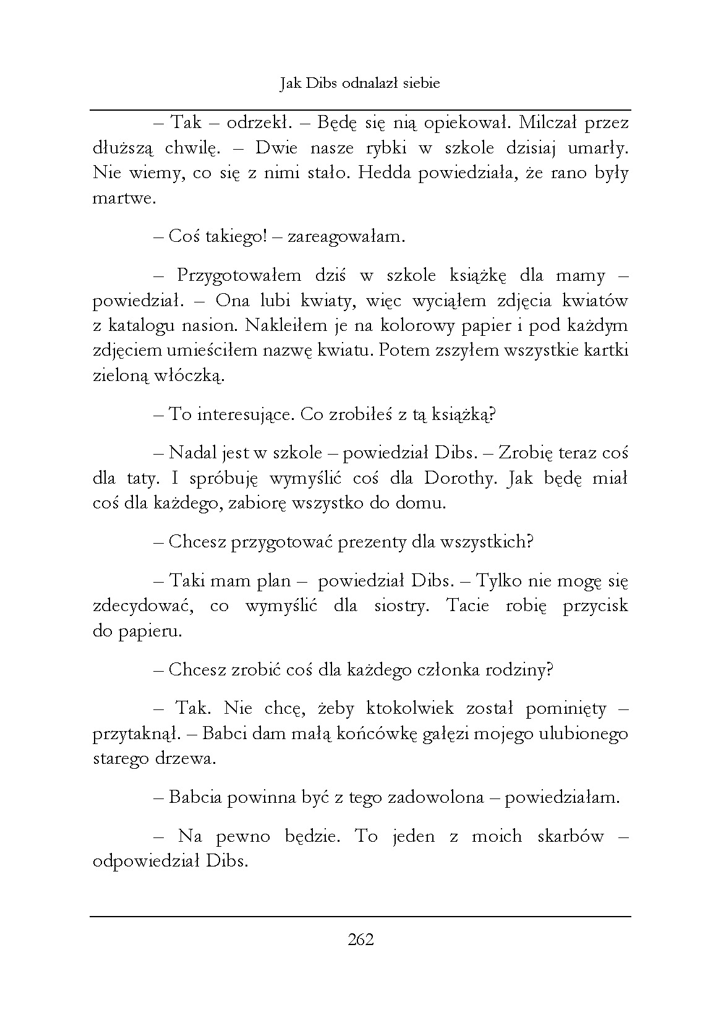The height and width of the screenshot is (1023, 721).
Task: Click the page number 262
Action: tap(360, 940)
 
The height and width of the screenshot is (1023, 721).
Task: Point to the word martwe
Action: tap(122, 199)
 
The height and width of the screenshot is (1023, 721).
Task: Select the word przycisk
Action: tap(595, 606)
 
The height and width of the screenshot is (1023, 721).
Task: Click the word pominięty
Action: tap(567, 709)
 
